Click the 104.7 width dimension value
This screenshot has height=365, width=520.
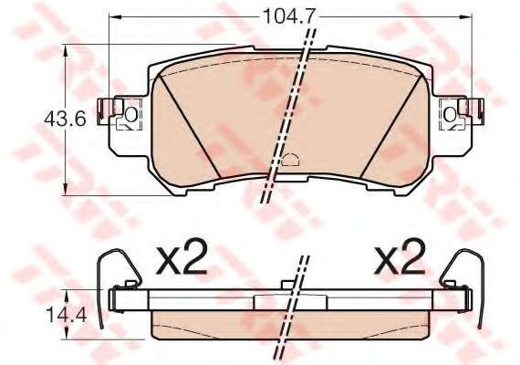pyautogui.click(x=287, y=16)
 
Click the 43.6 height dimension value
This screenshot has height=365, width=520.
pyautogui.click(x=65, y=118)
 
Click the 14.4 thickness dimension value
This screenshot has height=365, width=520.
pyautogui.click(x=67, y=315)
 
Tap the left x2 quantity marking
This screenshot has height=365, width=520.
pyautogui.click(x=181, y=257)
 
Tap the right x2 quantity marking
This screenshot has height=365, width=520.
pyautogui.click(x=400, y=257)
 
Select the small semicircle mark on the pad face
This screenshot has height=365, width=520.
pyautogui.click(x=290, y=160)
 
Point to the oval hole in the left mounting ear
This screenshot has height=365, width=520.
pyautogui.click(x=130, y=114)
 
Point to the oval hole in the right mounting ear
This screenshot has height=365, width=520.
pyautogui.click(x=450, y=115)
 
